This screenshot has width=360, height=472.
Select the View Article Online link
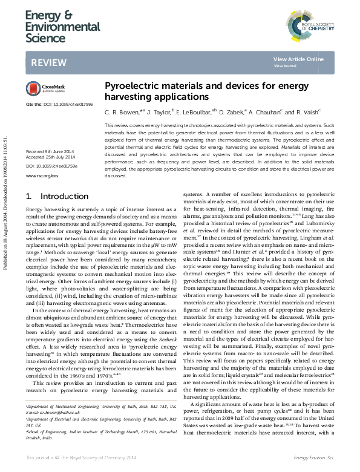(298, 59)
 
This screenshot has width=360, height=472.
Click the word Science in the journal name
(45, 38)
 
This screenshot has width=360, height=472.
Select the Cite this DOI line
(59, 105)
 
